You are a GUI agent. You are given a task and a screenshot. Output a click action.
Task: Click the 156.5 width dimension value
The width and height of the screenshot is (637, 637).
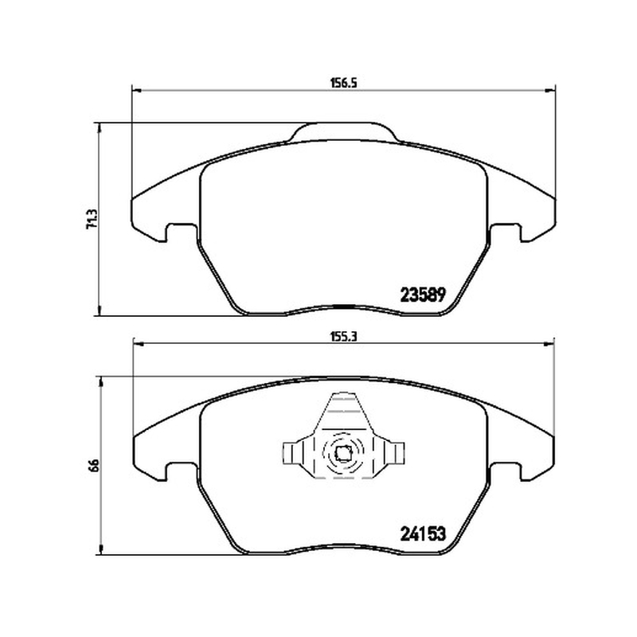[x=343, y=83]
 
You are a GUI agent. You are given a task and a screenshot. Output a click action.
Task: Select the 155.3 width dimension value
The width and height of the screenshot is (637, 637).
[x=343, y=336]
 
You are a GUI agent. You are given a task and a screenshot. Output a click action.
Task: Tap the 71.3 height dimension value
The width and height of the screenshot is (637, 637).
[x=92, y=220]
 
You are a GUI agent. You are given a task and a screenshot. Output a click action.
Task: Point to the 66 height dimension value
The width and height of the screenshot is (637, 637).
[x=92, y=465]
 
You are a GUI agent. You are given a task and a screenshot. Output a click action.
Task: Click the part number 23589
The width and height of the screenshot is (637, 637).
[x=424, y=295]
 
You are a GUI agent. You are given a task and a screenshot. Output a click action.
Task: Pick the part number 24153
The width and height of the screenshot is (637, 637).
[x=424, y=533]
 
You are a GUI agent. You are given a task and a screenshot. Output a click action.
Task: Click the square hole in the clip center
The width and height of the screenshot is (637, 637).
[x=343, y=451]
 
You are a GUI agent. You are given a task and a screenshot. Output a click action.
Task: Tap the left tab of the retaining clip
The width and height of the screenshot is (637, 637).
[x=291, y=453]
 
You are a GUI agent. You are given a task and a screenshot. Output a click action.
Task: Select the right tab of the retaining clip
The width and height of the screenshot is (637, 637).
[x=396, y=453]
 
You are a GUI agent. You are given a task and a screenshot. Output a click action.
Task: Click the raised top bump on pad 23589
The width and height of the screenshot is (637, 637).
[x=343, y=131]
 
